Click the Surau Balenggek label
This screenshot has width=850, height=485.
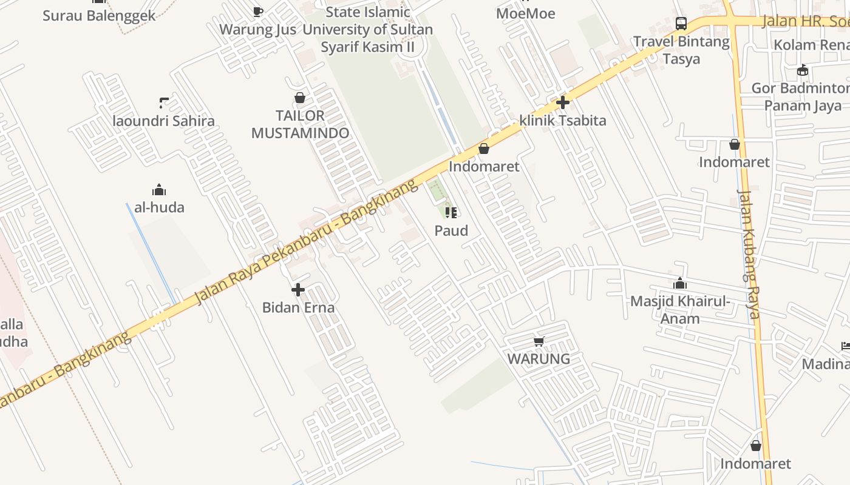[x=99, y=15]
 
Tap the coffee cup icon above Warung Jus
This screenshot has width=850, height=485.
[x=258, y=12]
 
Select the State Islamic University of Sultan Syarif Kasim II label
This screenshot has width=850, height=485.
[x=367, y=29]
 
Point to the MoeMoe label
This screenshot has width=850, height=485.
[x=525, y=13]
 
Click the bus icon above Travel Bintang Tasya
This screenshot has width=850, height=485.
[x=681, y=24]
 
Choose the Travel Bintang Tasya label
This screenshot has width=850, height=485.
[x=681, y=50]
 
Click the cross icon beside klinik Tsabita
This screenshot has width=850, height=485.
[x=563, y=102]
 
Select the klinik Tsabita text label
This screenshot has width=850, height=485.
[x=563, y=120]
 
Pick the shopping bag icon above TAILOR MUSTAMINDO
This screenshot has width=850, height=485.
[x=300, y=98]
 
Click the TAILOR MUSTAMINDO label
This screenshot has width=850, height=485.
[x=300, y=124]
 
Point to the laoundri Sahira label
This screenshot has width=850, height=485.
[x=164, y=121]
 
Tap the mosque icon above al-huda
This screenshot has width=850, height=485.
[x=159, y=190]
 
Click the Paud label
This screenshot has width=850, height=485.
[x=451, y=230]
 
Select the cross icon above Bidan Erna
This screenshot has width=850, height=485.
[x=298, y=290]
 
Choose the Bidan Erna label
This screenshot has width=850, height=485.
[x=298, y=307]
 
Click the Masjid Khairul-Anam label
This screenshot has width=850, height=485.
[x=680, y=310]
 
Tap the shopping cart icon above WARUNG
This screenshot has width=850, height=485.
[x=539, y=342]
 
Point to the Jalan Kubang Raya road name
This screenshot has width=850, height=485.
[x=749, y=255]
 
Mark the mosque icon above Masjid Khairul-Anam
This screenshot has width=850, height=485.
[x=680, y=284]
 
